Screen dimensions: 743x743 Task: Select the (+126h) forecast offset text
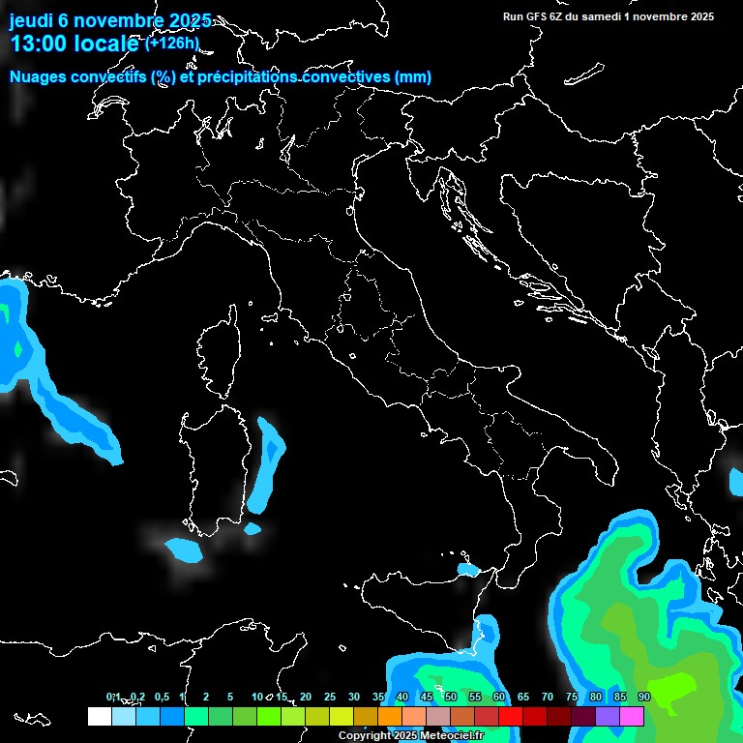(x=172, y=43)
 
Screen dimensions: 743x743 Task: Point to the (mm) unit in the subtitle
(x=413, y=77)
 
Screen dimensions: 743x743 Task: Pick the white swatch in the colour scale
(x=99, y=716)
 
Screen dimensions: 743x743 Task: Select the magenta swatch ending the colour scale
(x=632, y=716)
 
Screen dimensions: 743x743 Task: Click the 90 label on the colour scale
(x=644, y=698)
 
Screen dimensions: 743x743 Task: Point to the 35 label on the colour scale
(x=378, y=698)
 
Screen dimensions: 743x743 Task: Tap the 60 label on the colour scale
(x=499, y=698)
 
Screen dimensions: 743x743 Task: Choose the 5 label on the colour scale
(x=230, y=698)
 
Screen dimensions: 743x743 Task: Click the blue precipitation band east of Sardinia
(x=264, y=464)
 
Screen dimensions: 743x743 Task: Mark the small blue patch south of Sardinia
(x=184, y=550)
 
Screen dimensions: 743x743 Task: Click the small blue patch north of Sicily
(x=468, y=570)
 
